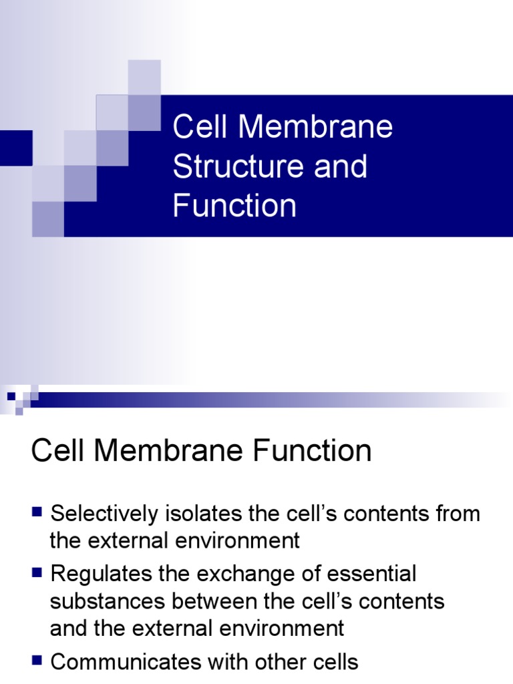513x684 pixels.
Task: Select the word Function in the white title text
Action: click(234, 206)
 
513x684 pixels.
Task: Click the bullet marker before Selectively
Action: click(37, 513)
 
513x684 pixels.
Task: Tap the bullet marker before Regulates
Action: click(37, 573)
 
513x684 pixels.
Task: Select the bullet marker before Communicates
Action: click(37, 661)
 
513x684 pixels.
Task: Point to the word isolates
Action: click(200, 514)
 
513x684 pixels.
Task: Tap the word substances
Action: click(108, 601)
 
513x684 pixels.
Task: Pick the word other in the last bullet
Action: click(275, 662)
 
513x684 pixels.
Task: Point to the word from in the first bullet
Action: click(458, 514)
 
